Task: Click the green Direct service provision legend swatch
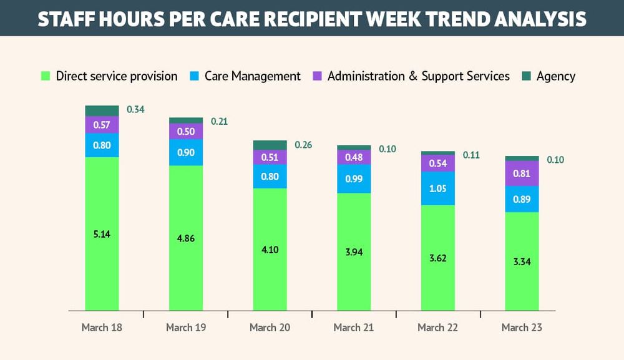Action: coord(45,76)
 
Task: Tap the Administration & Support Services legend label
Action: coord(418,76)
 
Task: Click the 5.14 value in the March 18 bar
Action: coord(102,234)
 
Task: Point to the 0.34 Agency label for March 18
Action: coord(135,110)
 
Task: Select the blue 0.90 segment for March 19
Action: coord(186,152)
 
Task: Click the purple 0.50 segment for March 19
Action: coord(186,131)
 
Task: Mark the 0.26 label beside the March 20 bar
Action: coord(303,145)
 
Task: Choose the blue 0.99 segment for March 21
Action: coord(354,179)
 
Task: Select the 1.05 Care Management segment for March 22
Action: coord(437,188)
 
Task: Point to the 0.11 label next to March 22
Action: coord(471,155)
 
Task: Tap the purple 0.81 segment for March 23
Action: coord(522,173)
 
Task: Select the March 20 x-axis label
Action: coord(270,328)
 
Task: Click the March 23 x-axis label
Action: coord(522,328)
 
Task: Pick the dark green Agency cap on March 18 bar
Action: coord(102,110)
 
